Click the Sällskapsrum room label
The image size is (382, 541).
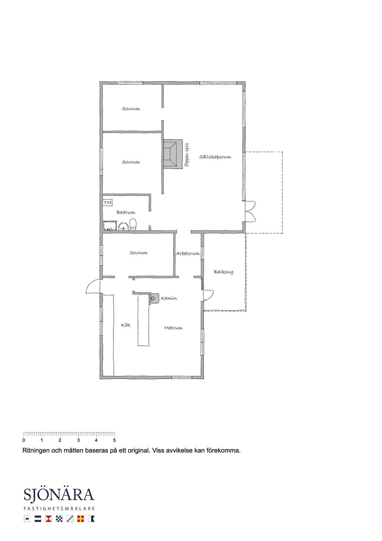tap(215, 157)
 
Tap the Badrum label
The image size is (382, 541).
tap(126, 212)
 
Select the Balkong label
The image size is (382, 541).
tap(223, 272)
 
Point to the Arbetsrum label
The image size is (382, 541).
tap(188, 254)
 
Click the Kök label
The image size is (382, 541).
tap(125, 325)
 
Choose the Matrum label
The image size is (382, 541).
tap(173, 328)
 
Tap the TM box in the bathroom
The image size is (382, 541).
tap(107, 203)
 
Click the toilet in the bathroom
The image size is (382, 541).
tap(133, 225)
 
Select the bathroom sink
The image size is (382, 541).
tap(123, 226)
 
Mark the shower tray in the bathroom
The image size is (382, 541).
tap(110, 226)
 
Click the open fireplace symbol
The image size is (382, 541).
tap(173, 153)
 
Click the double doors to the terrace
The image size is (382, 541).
tap(250, 211)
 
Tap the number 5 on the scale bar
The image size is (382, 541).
tap(115, 440)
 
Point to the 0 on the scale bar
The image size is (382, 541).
tap(24, 440)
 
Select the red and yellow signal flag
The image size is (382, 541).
tap(81, 519)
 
